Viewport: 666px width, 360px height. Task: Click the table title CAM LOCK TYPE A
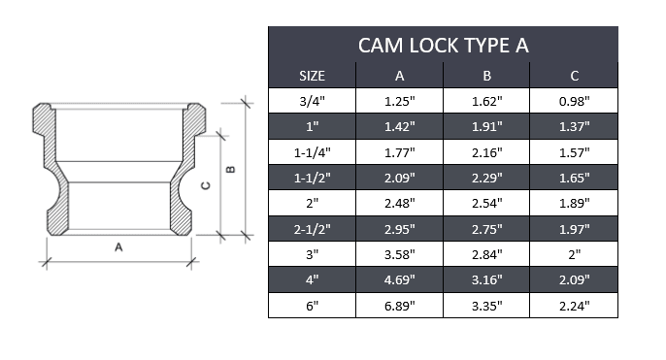pyautogui.click(x=443, y=46)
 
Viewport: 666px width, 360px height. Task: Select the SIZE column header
pyautogui.click(x=312, y=76)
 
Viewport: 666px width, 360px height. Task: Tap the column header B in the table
pyautogui.click(x=487, y=76)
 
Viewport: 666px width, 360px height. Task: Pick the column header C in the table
pyautogui.click(x=575, y=76)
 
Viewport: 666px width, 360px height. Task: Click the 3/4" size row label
pyautogui.click(x=312, y=99)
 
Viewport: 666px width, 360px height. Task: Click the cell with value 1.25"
pyautogui.click(x=399, y=99)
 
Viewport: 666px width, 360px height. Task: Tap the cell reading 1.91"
pyautogui.click(x=487, y=125)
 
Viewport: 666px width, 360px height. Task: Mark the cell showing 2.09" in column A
pyautogui.click(x=399, y=177)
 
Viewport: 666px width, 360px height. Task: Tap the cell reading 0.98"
pyautogui.click(x=575, y=99)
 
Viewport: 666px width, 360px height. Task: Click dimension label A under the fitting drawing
pyautogui.click(x=118, y=248)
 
